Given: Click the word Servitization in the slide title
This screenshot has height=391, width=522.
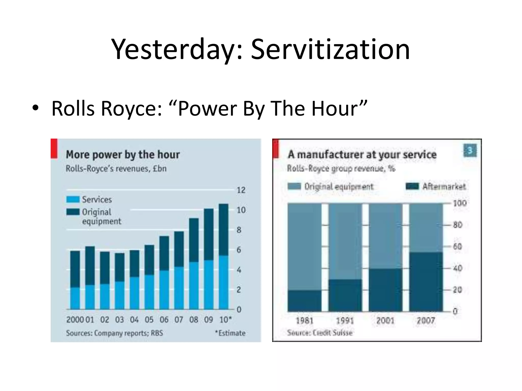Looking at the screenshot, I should (330, 50).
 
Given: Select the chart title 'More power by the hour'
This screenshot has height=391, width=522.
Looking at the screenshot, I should (123, 155).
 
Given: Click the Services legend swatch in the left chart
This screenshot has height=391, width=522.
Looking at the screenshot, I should (73, 199).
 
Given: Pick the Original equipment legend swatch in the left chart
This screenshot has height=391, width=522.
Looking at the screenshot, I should (73, 212).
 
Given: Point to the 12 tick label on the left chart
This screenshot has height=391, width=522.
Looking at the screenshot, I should (241, 190).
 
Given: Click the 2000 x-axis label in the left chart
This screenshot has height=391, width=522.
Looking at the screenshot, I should (75, 320).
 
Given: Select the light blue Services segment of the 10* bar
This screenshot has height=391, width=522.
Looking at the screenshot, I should (224, 283).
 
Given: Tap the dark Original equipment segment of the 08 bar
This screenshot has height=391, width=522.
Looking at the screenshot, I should (194, 240).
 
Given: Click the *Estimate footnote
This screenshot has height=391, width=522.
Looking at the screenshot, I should (230, 333).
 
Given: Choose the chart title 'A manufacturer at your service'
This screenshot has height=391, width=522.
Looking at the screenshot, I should (362, 155).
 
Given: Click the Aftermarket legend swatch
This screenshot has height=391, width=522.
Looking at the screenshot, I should (412, 187).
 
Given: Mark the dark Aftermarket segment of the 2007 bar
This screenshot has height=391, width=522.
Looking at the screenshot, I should (426, 282).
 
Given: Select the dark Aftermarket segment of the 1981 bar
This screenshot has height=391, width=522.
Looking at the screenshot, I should (304, 301).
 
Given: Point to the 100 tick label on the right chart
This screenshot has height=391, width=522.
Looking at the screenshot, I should (460, 203).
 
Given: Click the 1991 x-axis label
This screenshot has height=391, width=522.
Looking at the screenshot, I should (345, 320).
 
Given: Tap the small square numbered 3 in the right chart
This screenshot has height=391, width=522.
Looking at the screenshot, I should (470, 151).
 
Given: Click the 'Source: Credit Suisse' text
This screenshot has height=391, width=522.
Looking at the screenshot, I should (320, 333).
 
